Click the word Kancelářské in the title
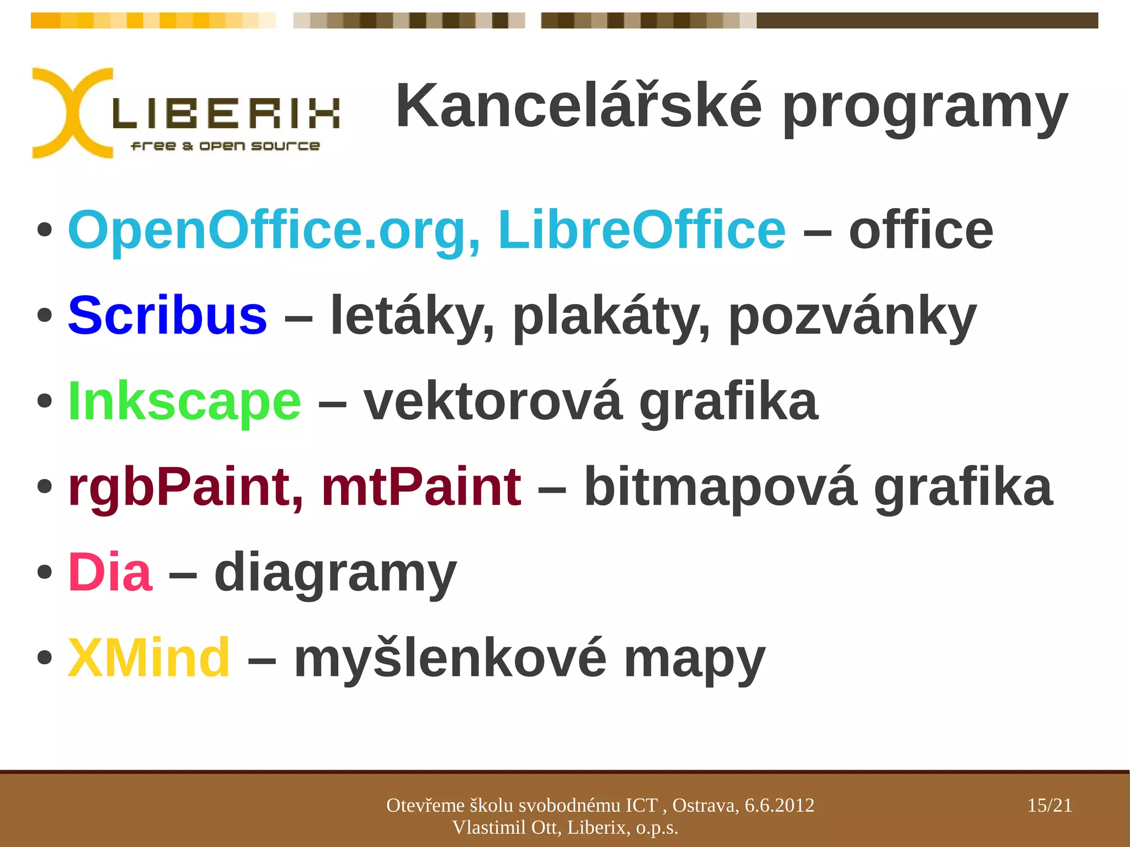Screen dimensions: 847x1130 [x=579, y=106]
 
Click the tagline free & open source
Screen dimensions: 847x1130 [x=225, y=146]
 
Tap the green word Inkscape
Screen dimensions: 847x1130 [x=184, y=402]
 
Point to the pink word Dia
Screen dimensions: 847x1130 [x=110, y=572]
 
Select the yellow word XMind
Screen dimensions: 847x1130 [x=148, y=658]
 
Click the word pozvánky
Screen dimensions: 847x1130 [x=852, y=317]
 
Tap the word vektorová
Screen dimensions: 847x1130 [x=493, y=402]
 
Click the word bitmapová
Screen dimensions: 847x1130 [x=721, y=488]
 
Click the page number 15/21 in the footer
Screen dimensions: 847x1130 [x=1049, y=805]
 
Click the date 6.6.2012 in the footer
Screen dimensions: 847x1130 [x=779, y=805]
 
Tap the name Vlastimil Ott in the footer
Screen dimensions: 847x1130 [x=506, y=828]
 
